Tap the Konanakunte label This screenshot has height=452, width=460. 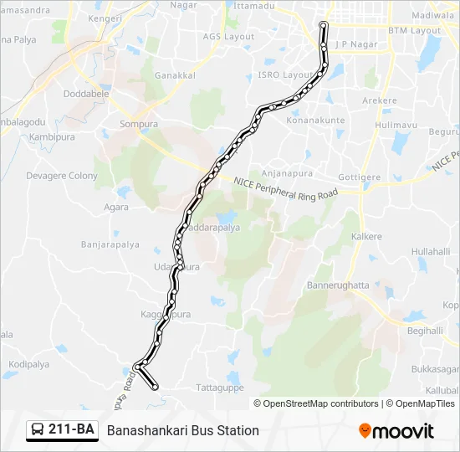coord(316,121)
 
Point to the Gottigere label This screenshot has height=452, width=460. coord(360,177)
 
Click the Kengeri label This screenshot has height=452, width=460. coord(106,17)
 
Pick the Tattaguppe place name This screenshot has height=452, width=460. coord(218,388)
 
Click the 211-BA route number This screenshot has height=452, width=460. coord(71,430)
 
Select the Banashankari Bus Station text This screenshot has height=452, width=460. coord(182,430)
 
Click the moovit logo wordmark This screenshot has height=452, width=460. coord(403,430)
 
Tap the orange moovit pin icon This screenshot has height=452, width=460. coord(365,430)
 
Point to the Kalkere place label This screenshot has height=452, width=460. coord(366,237)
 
